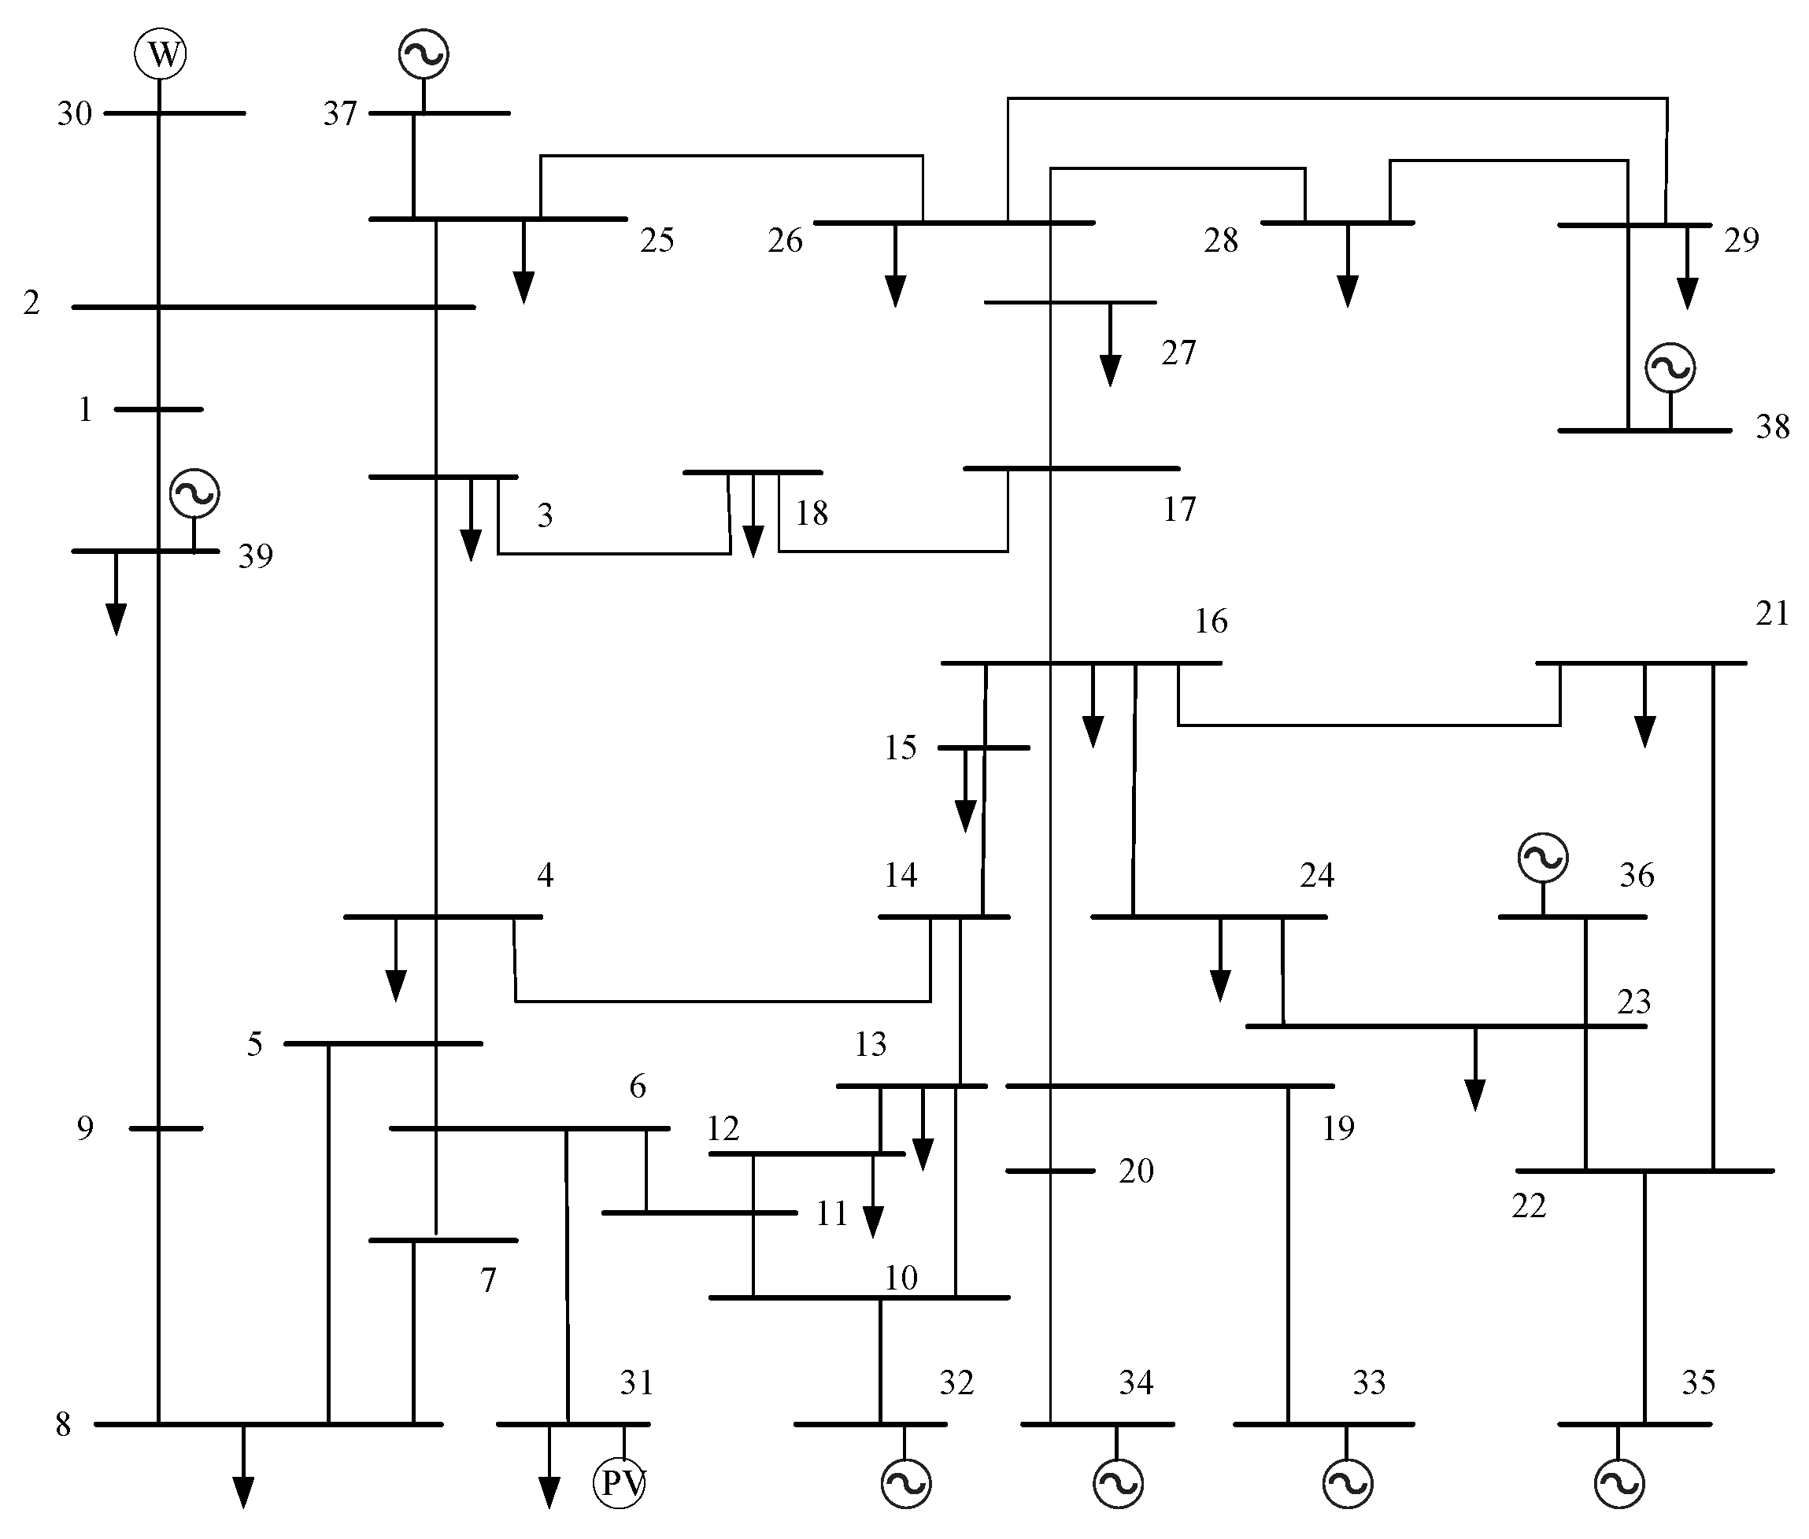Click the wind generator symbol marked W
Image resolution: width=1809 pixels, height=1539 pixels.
(x=161, y=54)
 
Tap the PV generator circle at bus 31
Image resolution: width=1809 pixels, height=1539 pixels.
(x=620, y=1482)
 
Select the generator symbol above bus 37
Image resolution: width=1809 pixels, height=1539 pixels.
(x=424, y=54)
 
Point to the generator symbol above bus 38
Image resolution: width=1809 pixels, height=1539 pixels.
(x=1670, y=367)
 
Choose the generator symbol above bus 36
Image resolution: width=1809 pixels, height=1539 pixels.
(x=1543, y=858)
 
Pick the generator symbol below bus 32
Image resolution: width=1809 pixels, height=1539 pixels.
(x=906, y=1483)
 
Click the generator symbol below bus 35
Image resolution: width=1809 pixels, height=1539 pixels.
(x=1618, y=1483)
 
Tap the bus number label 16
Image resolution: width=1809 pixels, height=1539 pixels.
(x=1211, y=621)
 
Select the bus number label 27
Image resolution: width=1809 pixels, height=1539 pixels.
(x=1178, y=353)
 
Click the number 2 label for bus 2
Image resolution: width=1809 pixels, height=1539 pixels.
(x=31, y=303)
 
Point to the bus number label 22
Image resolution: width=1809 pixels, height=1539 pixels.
(x=1529, y=1205)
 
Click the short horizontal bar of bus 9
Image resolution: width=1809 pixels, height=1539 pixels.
(x=166, y=1128)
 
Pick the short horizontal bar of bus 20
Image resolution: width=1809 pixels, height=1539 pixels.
(x=1050, y=1171)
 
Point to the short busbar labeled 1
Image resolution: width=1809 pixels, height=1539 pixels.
(x=159, y=409)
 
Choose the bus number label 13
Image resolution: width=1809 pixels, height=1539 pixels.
(x=870, y=1044)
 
